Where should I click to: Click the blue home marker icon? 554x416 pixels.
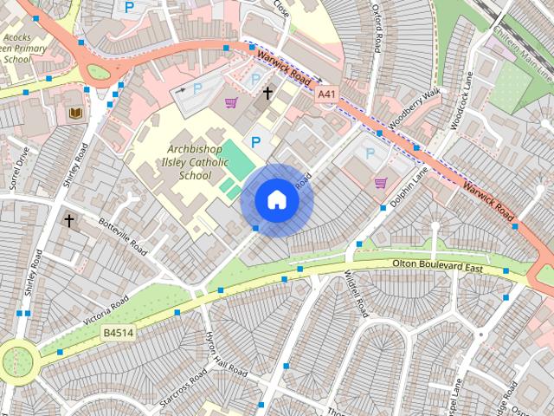pyautogui.click(x=276, y=200)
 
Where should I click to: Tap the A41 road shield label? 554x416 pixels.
pyautogui.click(x=326, y=94)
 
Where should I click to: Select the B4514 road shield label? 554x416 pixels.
pyautogui.click(x=118, y=333)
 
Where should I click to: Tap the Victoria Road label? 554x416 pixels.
pyautogui.click(x=106, y=310)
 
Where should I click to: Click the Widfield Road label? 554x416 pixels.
pyautogui.click(x=357, y=293)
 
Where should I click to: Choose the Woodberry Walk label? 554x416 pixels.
pyautogui.click(x=416, y=110)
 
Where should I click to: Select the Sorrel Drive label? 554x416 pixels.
pyautogui.click(x=18, y=168)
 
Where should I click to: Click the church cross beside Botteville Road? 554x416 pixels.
pyautogui.click(x=68, y=220)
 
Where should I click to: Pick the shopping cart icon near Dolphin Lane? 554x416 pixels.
pyautogui.click(x=380, y=183)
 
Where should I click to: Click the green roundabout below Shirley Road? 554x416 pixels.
pyautogui.click(x=18, y=359)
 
